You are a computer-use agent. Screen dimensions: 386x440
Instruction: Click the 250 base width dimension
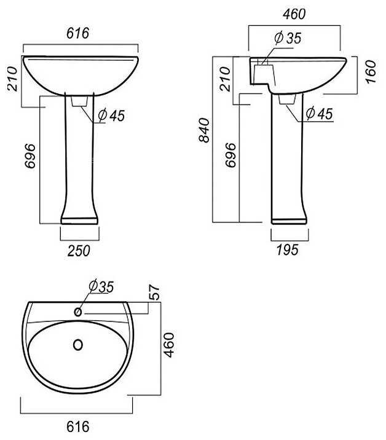79,251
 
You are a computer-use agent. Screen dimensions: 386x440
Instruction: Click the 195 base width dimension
288,249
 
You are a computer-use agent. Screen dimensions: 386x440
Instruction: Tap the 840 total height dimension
204,130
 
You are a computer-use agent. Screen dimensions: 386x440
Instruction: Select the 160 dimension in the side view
371,71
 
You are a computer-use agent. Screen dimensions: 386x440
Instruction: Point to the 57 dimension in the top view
154,293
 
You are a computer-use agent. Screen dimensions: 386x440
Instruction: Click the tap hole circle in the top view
78,312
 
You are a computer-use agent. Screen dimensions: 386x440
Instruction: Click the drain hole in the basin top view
78,345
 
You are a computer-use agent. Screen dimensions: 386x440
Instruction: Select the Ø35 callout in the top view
101,286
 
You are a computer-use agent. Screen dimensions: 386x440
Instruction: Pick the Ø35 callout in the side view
288,38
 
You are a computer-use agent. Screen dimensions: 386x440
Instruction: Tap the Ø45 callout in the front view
111,116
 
